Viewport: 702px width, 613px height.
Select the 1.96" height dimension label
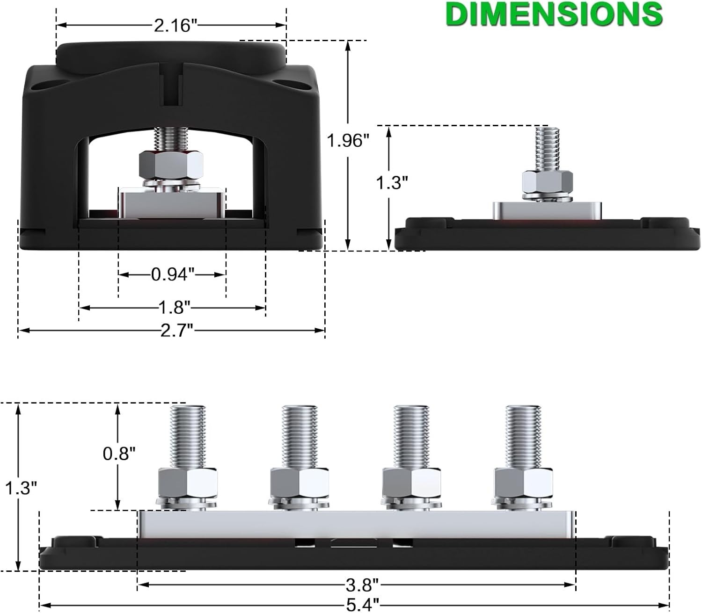(x=348, y=141)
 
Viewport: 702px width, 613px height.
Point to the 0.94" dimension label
(x=173, y=274)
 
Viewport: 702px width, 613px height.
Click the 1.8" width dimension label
(x=174, y=308)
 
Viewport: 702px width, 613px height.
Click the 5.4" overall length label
(x=362, y=605)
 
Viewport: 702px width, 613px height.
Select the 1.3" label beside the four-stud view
(x=21, y=487)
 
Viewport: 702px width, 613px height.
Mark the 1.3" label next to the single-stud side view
(x=392, y=182)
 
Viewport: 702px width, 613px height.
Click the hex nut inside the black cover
(x=171, y=165)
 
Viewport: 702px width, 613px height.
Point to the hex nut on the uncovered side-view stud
(x=547, y=183)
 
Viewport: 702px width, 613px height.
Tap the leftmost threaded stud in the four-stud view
(x=188, y=437)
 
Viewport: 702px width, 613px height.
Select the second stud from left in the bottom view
(x=300, y=437)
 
